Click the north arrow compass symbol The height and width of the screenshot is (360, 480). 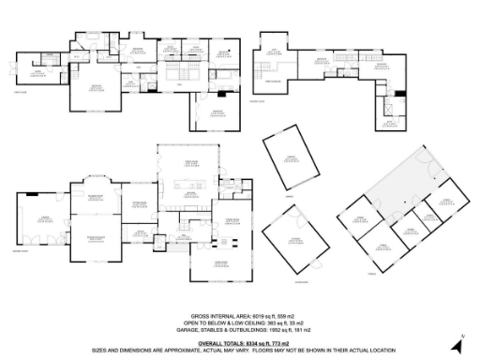point(451,339)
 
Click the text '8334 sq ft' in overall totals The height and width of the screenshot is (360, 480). point(250,343)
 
